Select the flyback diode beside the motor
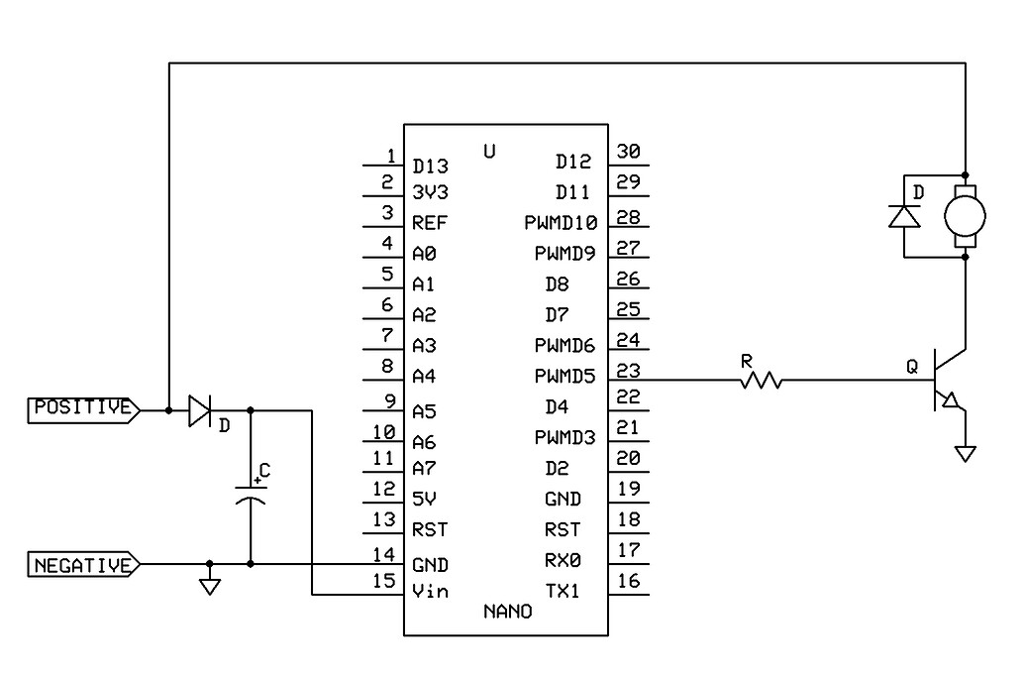(903, 216)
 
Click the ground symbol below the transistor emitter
(965, 453)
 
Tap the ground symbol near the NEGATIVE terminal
(209, 585)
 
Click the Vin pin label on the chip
(431, 592)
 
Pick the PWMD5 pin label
(564, 377)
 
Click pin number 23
(628, 368)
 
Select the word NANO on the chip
(507, 612)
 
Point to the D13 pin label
(431, 165)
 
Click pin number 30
(628, 151)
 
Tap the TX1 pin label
(563, 592)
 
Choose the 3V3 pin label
(431, 192)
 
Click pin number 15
(383, 582)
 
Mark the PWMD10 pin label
(560, 223)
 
